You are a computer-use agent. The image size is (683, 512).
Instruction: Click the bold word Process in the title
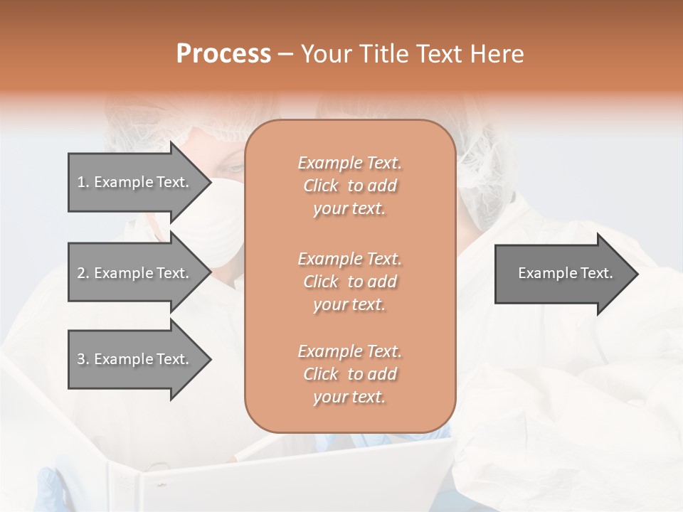click(223, 53)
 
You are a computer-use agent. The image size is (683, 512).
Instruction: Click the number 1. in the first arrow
click(83, 182)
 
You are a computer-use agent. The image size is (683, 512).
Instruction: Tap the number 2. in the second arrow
click(83, 273)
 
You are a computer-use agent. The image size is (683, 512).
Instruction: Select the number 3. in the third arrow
click(83, 359)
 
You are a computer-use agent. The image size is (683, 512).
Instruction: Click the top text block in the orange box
click(349, 186)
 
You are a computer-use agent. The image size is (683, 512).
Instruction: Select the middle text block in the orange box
click(349, 282)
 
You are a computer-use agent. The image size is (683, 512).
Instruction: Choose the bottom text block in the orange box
click(349, 374)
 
